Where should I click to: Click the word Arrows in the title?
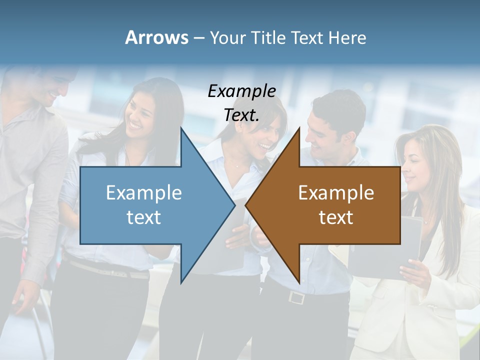(156, 37)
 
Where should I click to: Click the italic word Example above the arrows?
(241, 91)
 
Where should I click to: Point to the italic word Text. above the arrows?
(241, 115)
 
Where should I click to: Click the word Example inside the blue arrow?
(143, 193)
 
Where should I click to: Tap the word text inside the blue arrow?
(143, 217)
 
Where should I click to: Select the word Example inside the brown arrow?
(336, 193)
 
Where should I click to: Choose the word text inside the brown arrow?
(336, 217)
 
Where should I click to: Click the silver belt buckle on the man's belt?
(296, 297)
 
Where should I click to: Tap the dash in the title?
(198, 38)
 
